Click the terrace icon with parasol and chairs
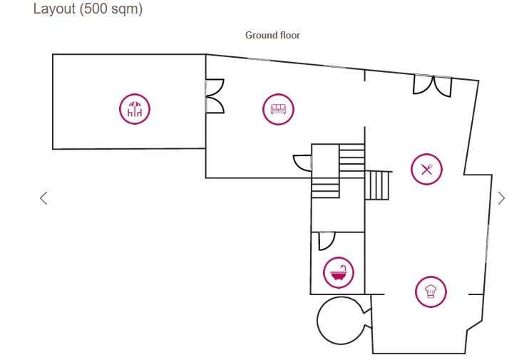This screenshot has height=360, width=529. coord(135,109)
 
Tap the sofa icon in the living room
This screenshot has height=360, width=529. coord(278,109)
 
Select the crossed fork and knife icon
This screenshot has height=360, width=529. coord(426,169)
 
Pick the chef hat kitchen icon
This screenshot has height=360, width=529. coord(431,292)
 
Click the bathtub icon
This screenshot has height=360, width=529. coord(339,272)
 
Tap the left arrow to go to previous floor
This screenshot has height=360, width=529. coord(43,198)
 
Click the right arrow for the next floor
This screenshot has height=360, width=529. coord(501,198)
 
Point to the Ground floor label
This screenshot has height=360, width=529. coord(272,35)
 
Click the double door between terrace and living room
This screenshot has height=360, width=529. coord(215,96)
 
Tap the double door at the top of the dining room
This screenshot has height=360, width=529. coord(432,86)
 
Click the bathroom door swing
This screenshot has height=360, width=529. coord(326,242)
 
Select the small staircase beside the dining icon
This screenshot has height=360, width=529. coord(379,185)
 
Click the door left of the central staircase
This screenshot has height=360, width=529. coord(303,163)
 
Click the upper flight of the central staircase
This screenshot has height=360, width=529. coord(351,157)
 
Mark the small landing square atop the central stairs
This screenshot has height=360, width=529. coord(324,157)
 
